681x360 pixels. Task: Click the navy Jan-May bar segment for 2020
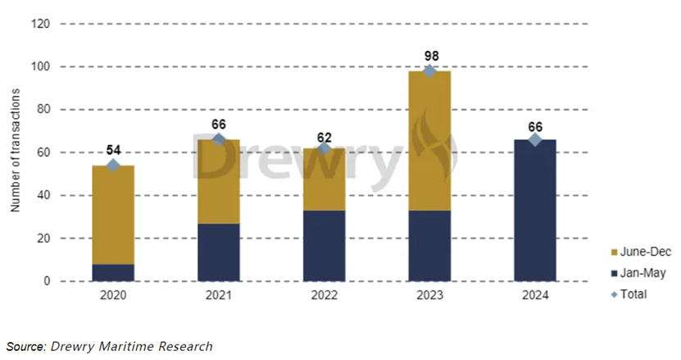tap(113, 272)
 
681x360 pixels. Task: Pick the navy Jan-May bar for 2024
tap(534, 210)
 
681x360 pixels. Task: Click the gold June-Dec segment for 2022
tap(324, 180)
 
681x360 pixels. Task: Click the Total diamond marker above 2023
tap(429, 71)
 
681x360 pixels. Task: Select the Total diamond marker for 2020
tap(113, 166)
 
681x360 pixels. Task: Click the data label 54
tap(113, 150)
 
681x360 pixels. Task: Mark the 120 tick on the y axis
tap(42, 24)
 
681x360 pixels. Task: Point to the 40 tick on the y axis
tap(44, 195)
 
